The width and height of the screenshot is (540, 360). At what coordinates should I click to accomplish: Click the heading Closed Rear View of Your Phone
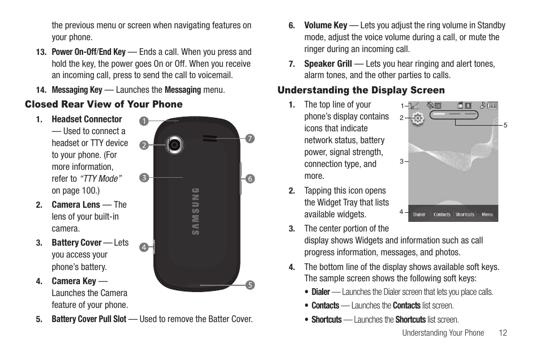(104, 104)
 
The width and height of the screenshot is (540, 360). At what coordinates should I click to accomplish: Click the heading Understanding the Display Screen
(361, 90)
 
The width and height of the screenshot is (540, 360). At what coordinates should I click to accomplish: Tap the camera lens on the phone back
(174, 145)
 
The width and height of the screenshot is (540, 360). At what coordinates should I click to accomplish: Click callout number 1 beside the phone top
(144, 121)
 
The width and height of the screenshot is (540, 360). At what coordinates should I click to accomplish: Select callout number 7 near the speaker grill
(249, 138)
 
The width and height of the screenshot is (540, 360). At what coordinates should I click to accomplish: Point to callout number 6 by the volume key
(250, 178)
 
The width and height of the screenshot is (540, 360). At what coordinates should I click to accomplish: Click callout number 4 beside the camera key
(144, 247)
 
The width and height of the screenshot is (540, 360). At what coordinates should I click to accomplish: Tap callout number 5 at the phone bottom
(249, 285)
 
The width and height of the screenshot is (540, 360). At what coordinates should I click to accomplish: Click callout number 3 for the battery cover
(144, 178)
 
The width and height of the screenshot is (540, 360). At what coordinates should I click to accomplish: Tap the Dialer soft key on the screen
(419, 215)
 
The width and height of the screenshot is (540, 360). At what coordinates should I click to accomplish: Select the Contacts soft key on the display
(442, 215)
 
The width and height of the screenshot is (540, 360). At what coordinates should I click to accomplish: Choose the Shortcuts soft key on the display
(465, 215)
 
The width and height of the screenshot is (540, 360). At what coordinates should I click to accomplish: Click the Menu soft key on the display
(487, 215)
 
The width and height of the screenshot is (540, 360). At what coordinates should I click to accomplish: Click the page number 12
(503, 333)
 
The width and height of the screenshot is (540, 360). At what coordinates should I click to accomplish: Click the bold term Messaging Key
(77, 89)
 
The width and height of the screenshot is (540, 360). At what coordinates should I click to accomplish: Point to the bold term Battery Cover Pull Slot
(89, 319)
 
